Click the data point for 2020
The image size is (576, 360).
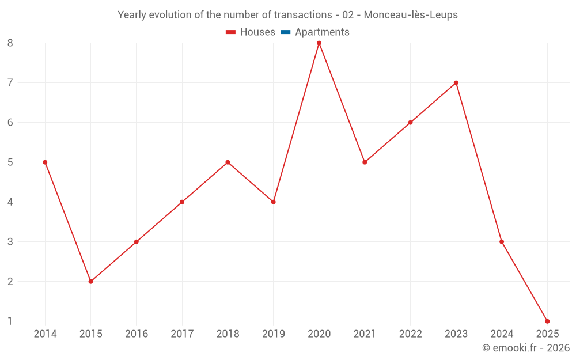coord(319,43)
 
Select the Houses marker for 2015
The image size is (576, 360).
coord(90,282)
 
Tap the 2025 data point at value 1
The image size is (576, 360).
coord(547,321)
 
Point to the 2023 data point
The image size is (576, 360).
coord(456,83)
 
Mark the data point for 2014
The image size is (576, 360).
coord(45,162)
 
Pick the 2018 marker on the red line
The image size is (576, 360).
coord(228,162)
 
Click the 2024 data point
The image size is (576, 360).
coord(502,242)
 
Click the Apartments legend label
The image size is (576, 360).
coord(322,32)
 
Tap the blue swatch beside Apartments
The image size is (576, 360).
coord(285,32)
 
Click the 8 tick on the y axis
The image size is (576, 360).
coord(10,43)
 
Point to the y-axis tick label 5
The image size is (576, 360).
coord(10,162)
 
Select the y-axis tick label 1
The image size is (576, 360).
coord(10,321)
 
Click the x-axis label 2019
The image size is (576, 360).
coord(273,334)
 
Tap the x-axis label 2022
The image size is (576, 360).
coord(410,334)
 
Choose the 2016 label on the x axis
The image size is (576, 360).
coord(136,334)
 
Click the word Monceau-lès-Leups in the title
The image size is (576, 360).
coord(411,15)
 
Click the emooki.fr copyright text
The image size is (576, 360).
coord(526,348)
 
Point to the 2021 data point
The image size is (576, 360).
coord(365,162)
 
